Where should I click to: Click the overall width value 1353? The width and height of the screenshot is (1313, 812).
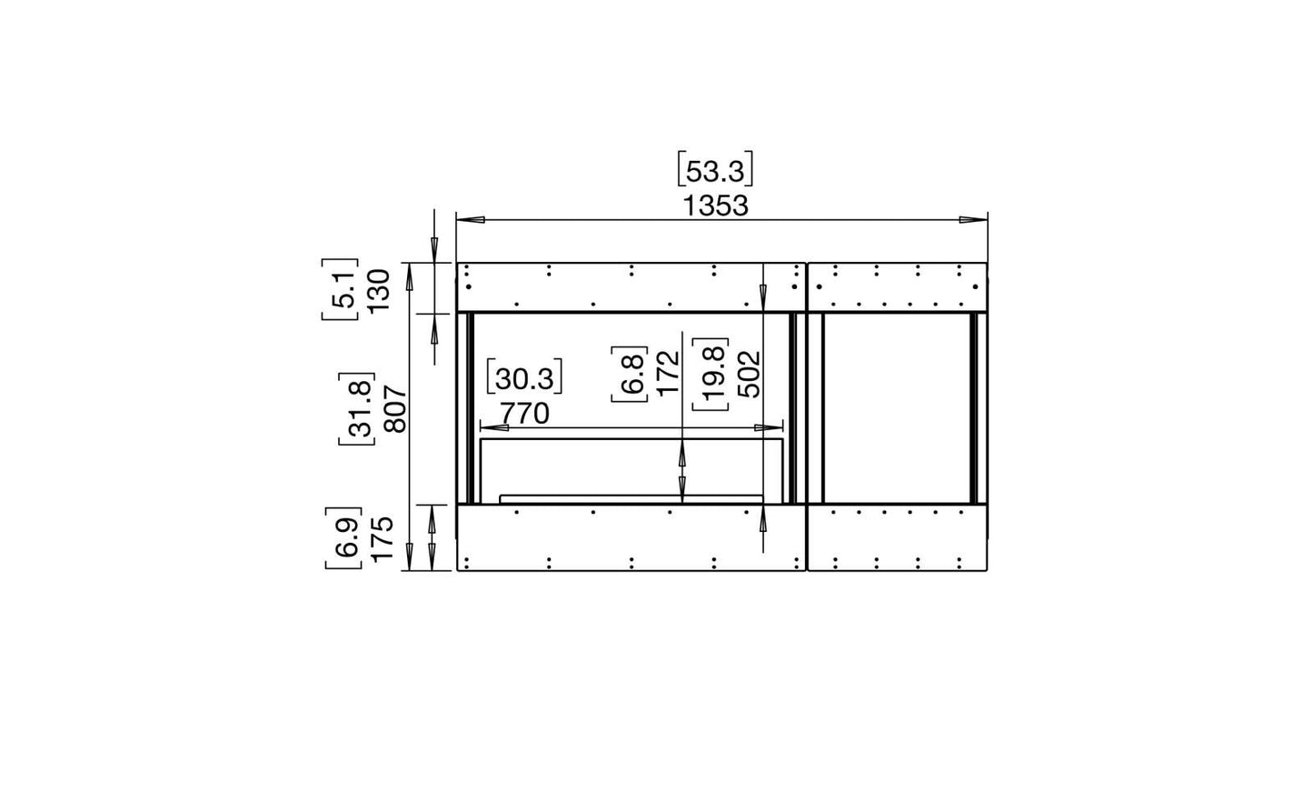pos(716,206)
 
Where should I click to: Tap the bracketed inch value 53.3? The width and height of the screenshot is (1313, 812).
pos(715,171)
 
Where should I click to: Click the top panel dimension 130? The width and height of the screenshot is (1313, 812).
pos(379,290)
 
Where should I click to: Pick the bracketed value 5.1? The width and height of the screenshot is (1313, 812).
pos(341,289)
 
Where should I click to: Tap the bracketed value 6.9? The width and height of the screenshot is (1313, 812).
pos(344,538)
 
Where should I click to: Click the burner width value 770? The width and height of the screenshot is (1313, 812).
pos(524,415)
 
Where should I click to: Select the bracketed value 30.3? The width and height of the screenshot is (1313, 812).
pos(524,379)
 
